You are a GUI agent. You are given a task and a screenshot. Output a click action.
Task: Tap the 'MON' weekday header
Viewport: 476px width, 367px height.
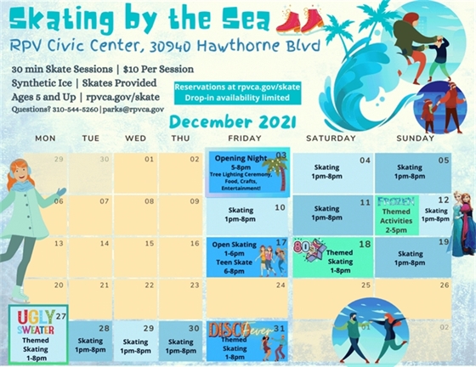click(46, 138)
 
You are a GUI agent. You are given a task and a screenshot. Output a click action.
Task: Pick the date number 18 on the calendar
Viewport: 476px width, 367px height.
click(365, 245)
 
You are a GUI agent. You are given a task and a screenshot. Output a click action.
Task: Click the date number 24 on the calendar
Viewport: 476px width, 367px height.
click(280, 285)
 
